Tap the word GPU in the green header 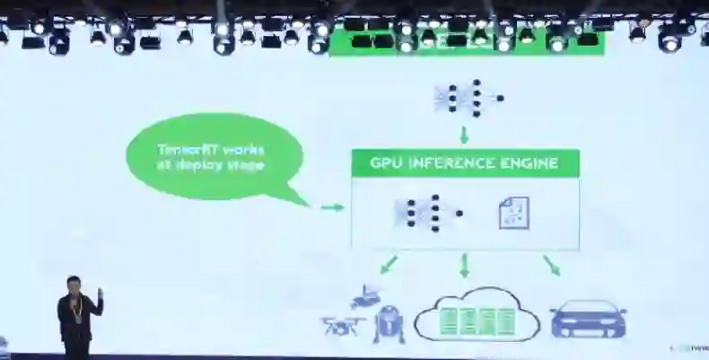click(x=388, y=163)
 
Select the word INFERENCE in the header click(x=452, y=163)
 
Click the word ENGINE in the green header click(x=530, y=163)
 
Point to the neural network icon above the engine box click(x=466, y=98)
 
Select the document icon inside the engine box click(x=513, y=213)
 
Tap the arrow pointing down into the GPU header click(x=465, y=135)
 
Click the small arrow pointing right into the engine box click(x=332, y=207)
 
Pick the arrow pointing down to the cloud click(x=464, y=266)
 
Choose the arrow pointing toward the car click(x=551, y=265)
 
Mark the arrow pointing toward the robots click(x=388, y=265)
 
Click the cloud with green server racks click(x=476, y=315)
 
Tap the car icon click(x=588, y=319)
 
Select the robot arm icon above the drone click(x=365, y=296)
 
